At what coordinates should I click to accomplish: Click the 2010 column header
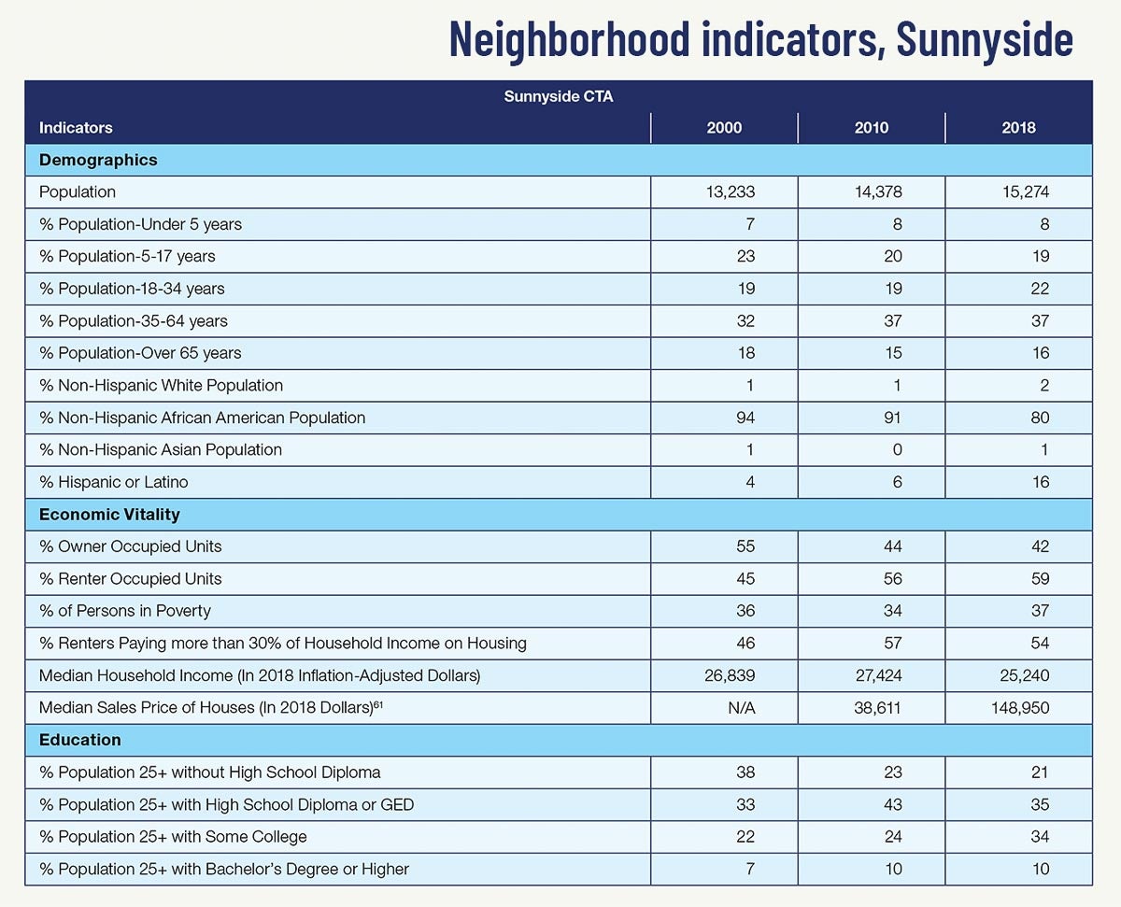(x=871, y=127)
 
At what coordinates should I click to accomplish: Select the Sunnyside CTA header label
(x=559, y=96)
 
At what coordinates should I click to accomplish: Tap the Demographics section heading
(x=98, y=160)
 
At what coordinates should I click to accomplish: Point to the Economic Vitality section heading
(x=109, y=514)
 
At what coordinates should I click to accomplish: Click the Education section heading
(x=80, y=740)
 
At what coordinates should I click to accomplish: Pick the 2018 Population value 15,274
(x=1025, y=191)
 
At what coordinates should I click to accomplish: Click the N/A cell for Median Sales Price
(x=742, y=708)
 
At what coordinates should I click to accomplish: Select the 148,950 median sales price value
(x=1020, y=708)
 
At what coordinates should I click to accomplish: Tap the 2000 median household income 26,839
(x=730, y=675)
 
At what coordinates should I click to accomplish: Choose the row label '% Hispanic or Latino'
(x=113, y=482)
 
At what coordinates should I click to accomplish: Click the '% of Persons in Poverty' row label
(x=125, y=611)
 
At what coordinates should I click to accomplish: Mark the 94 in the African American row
(x=745, y=418)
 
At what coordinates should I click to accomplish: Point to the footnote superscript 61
(x=378, y=702)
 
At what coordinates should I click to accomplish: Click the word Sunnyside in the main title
(x=985, y=39)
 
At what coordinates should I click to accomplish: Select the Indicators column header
(x=76, y=127)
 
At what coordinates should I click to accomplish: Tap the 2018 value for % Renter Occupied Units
(x=1040, y=579)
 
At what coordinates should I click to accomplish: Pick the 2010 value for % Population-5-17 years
(x=892, y=256)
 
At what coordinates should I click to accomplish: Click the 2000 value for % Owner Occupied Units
(x=745, y=546)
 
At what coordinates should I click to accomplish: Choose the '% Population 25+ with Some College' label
(x=173, y=837)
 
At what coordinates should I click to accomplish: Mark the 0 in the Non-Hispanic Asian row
(x=898, y=450)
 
